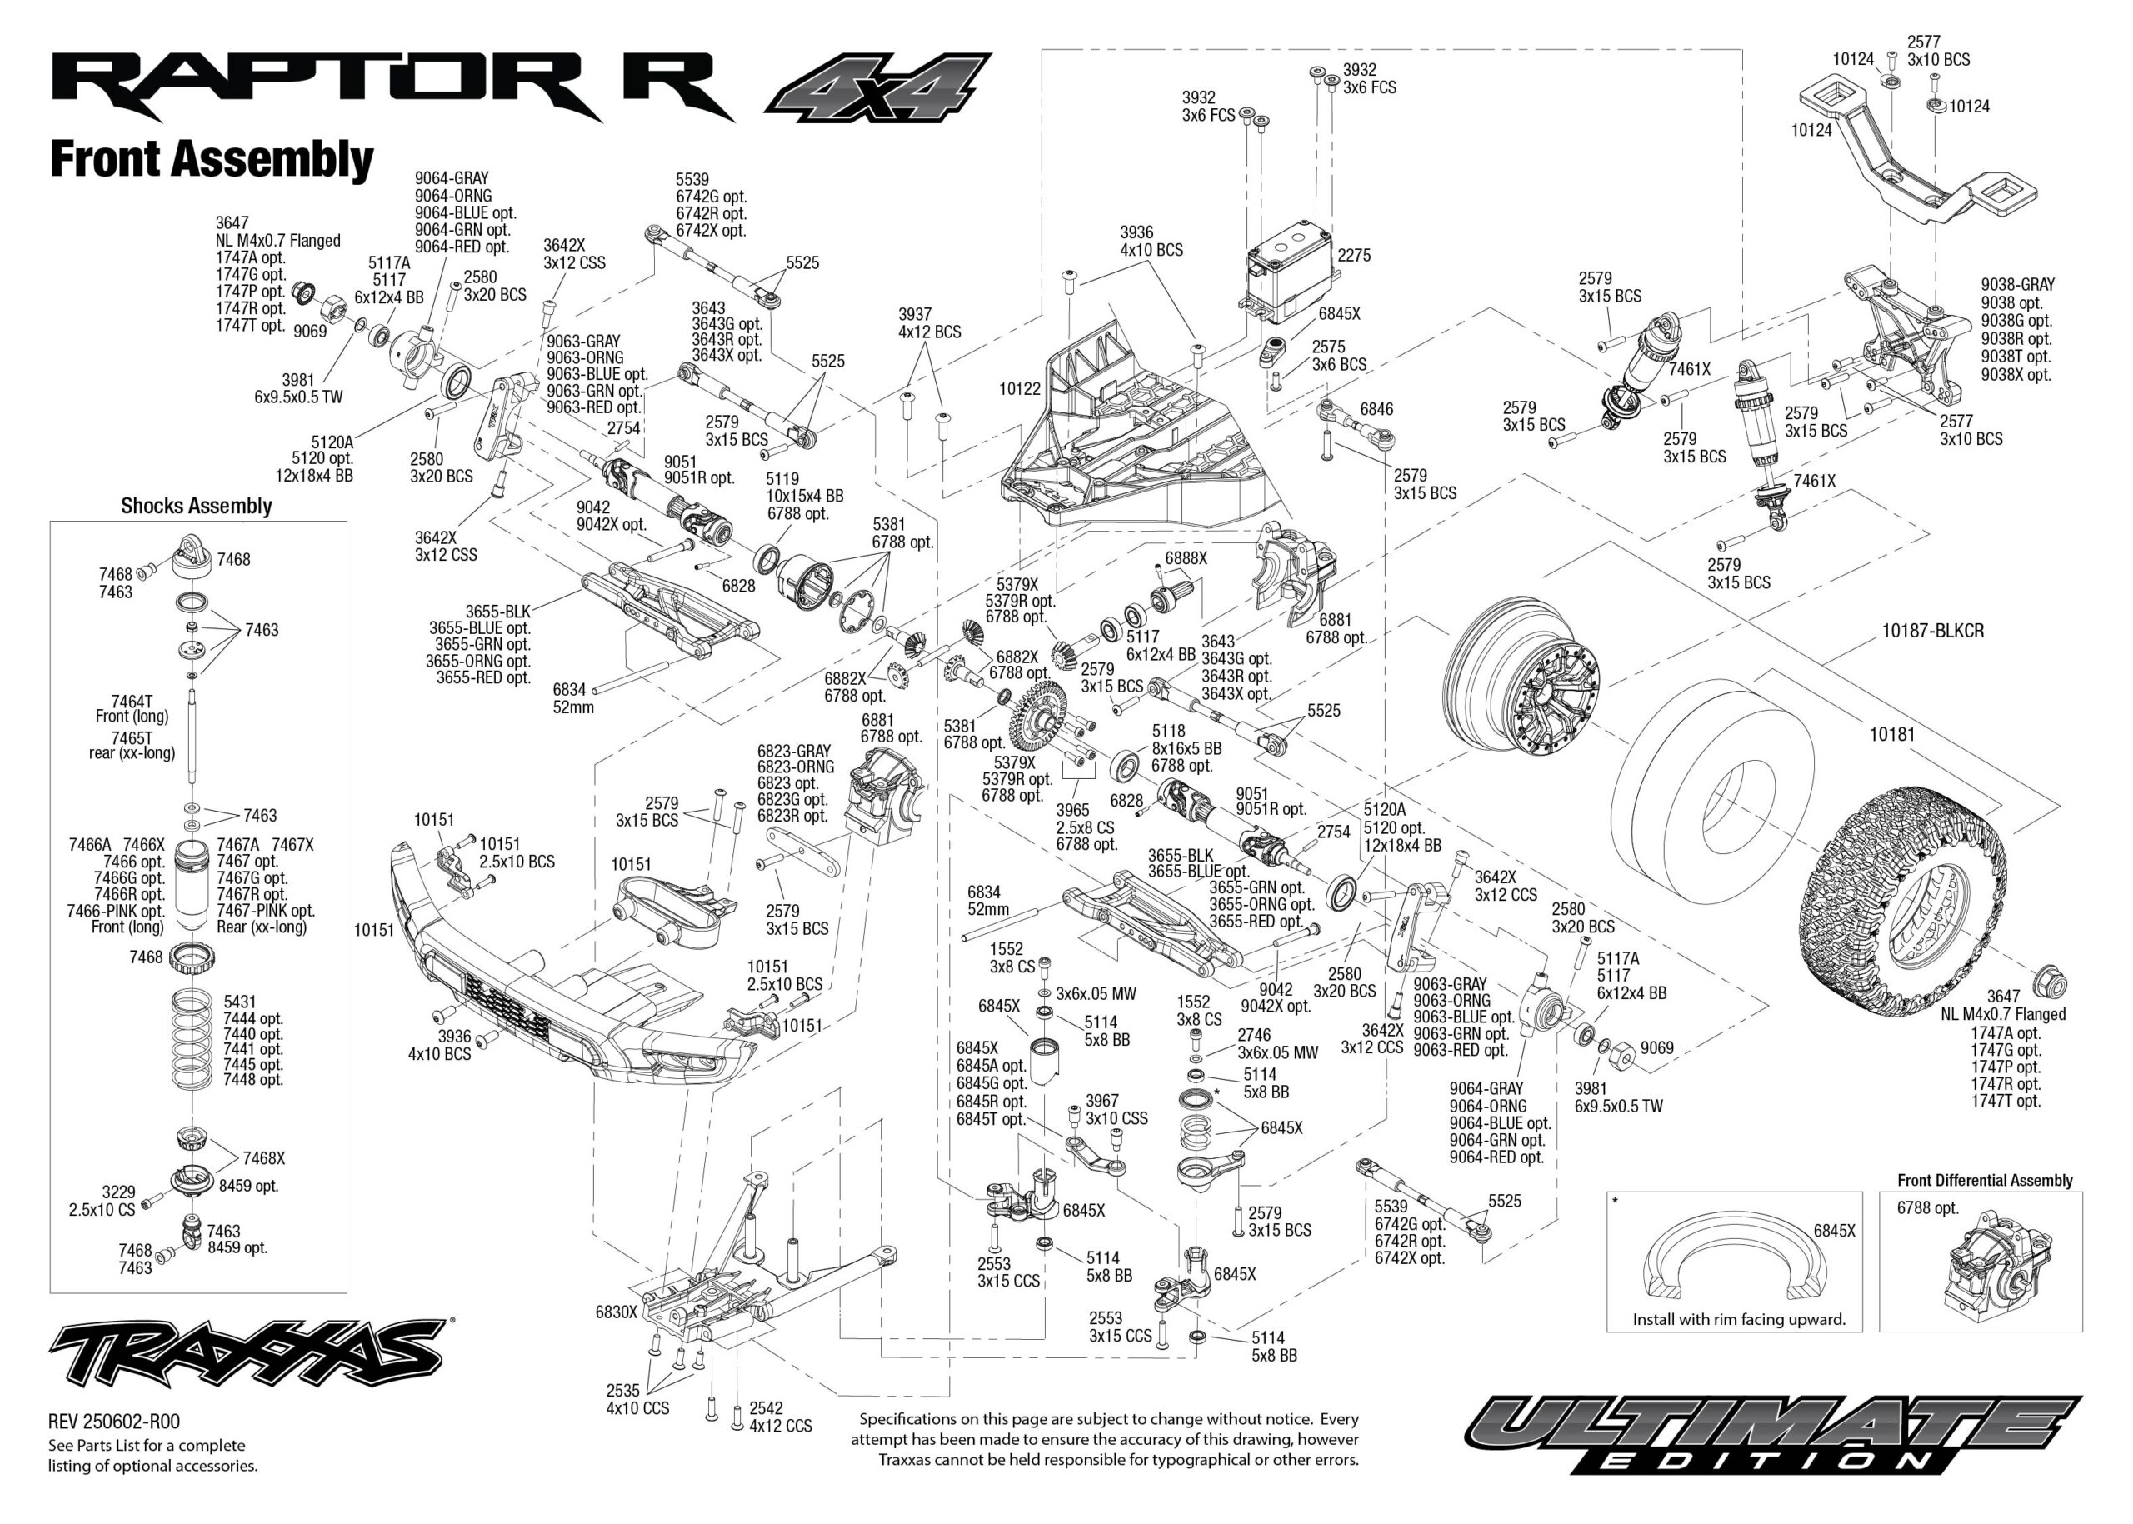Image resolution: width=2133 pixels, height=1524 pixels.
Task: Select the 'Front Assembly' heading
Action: click(211, 158)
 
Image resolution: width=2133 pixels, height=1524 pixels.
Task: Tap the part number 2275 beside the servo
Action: click(1354, 255)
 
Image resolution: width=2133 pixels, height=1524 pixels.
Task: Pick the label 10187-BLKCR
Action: click(1932, 631)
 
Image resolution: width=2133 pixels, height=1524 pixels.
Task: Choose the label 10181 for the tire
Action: click(1891, 734)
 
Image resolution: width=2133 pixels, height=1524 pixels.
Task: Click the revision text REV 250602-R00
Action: click(113, 1422)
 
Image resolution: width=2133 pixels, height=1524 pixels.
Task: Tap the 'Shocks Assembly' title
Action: click(196, 506)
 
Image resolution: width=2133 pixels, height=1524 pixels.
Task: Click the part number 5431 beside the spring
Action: click(239, 1002)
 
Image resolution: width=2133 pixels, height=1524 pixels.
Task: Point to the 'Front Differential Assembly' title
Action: click(1984, 1180)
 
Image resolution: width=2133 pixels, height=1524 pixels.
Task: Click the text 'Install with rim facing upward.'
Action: click(1739, 1318)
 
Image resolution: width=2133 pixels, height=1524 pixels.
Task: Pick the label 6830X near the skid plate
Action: click(616, 1312)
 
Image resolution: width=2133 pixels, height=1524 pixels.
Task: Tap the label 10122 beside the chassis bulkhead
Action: click(1019, 388)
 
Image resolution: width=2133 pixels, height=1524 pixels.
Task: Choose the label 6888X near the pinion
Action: click(1186, 557)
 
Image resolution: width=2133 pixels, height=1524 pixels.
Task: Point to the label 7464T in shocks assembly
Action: click(132, 701)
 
